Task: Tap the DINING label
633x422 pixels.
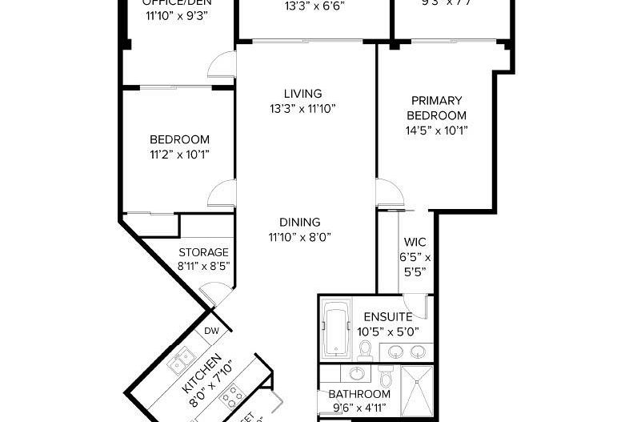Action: tap(300, 222)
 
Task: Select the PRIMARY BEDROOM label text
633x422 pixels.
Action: tap(436, 107)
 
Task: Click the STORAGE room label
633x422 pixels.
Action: tap(203, 252)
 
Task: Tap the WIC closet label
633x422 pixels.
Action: tap(415, 242)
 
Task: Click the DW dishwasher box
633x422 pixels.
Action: tap(211, 331)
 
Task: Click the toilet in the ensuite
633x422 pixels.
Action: tap(365, 349)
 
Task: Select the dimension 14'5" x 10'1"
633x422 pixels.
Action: tap(436, 130)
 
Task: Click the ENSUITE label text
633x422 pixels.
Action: tap(387, 316)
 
